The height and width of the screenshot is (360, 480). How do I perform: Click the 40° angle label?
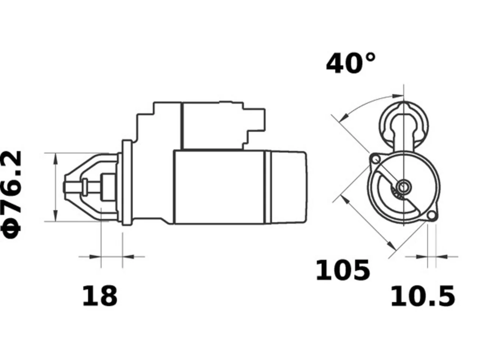(x=351, y=63)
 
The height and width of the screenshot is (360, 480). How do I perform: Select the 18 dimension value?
(x=100, y=296)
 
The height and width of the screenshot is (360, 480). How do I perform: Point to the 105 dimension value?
(x=343, y=270)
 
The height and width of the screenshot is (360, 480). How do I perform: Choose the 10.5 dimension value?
(x=423, y=296)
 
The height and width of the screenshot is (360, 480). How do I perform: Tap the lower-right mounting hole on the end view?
(x=432, y=216)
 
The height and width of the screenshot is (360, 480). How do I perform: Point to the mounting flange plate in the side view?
(x=127, y=183)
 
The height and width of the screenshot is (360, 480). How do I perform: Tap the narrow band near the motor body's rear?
(x=268, y=187)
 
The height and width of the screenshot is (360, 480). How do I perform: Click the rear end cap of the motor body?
(x=289, y=187)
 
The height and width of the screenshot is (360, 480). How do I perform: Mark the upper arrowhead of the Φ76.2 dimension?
(x=56, y=159)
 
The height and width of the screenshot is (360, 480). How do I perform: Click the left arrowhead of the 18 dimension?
(x=95, y=257)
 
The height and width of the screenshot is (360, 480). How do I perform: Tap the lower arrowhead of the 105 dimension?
(x=391, y=246)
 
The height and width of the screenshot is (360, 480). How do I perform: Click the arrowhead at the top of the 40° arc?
(x=398, y=96)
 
